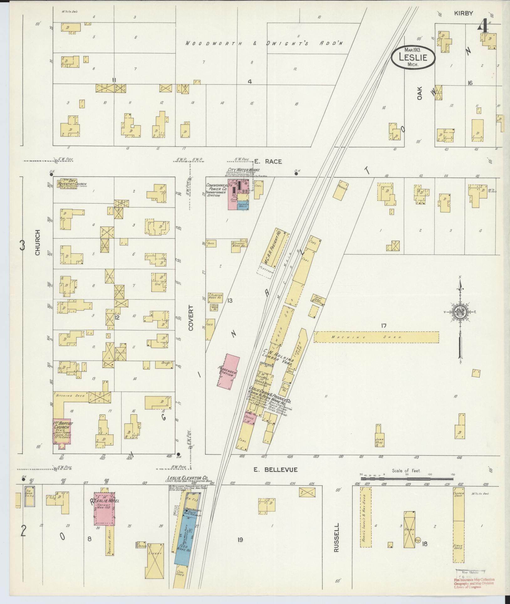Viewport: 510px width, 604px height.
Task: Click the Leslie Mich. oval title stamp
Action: click(x=413, y=57)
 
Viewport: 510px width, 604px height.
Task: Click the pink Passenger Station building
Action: click(x=228, y=371)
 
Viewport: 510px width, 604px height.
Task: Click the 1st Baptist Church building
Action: click(x=62, y=431)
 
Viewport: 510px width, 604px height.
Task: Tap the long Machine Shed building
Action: click(x=376, y=337)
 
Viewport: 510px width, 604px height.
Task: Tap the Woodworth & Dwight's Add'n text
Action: click(x=263, y=43)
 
